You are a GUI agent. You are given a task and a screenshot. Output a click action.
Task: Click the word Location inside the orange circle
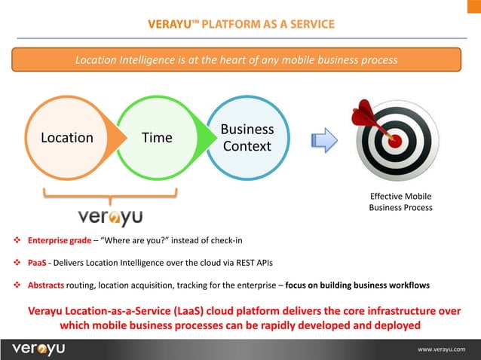pos(68,138)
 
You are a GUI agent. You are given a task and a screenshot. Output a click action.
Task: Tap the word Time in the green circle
pos(158,138)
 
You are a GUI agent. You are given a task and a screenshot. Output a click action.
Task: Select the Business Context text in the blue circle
pos(247,138)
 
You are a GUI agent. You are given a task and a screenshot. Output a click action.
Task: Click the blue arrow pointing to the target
pos(323,139)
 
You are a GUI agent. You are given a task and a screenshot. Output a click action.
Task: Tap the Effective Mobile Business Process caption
pos(400,202)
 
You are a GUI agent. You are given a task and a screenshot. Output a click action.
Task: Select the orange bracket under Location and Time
pos(110,196)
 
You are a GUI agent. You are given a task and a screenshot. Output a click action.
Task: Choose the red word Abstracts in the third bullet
pos(45,285)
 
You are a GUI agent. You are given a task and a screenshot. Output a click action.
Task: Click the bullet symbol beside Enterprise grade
pos(17,241)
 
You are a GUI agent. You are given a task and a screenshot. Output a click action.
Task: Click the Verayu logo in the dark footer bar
pos(39,349)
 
